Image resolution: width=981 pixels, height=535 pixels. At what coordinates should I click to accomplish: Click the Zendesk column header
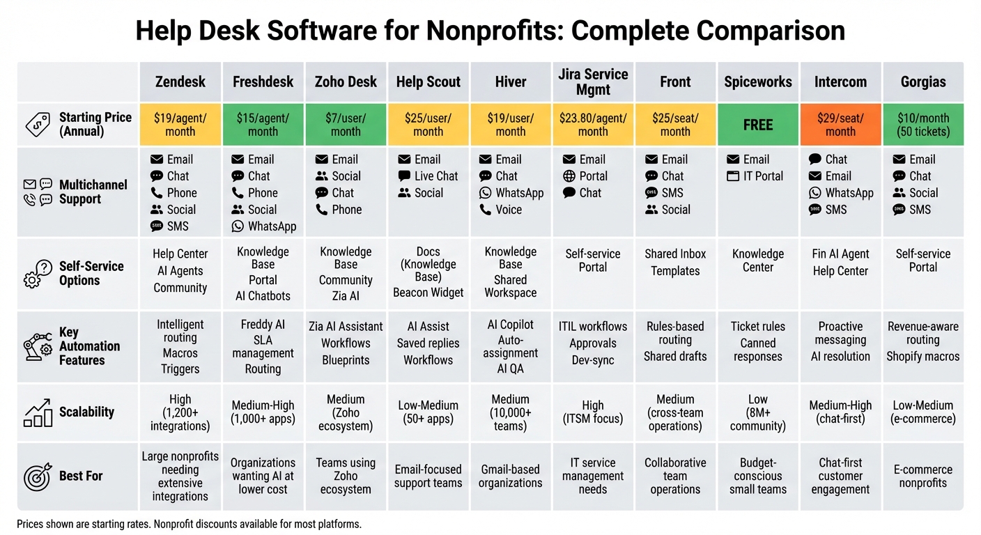(180, 82)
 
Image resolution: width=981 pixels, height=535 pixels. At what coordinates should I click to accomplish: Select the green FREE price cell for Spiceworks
(758, 125)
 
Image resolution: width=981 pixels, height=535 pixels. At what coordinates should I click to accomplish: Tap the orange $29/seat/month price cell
(840, 125)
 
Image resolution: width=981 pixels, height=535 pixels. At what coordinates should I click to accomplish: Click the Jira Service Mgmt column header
(593, 82)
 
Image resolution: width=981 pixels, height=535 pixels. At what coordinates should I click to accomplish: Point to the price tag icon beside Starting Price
(37, 125)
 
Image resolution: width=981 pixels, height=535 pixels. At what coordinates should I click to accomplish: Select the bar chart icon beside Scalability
(38, 412)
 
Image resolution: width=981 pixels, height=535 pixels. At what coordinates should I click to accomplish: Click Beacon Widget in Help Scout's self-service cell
(428, 293)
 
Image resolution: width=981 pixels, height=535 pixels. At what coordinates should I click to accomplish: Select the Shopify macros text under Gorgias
(922, 357)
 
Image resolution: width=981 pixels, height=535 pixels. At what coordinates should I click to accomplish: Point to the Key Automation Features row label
(89, 346)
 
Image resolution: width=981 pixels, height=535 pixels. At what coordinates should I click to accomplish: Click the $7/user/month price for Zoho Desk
(346, 125)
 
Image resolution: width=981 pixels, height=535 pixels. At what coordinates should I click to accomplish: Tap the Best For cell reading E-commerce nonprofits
(922, 476)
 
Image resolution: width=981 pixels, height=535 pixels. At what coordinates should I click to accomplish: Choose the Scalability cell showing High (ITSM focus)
(593, 412)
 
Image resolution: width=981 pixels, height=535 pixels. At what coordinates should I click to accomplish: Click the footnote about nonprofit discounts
(189, 524)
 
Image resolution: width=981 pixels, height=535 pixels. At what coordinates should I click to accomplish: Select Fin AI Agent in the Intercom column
(840, 254)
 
